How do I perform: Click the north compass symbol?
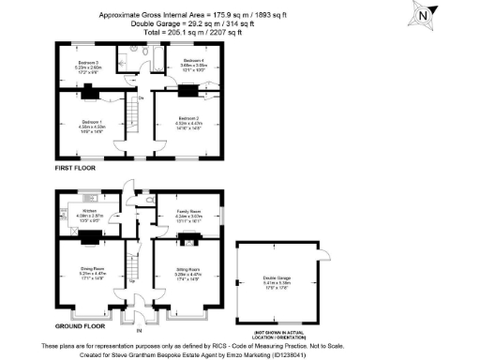point(425,14)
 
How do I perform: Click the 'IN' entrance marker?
point(138,330)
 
